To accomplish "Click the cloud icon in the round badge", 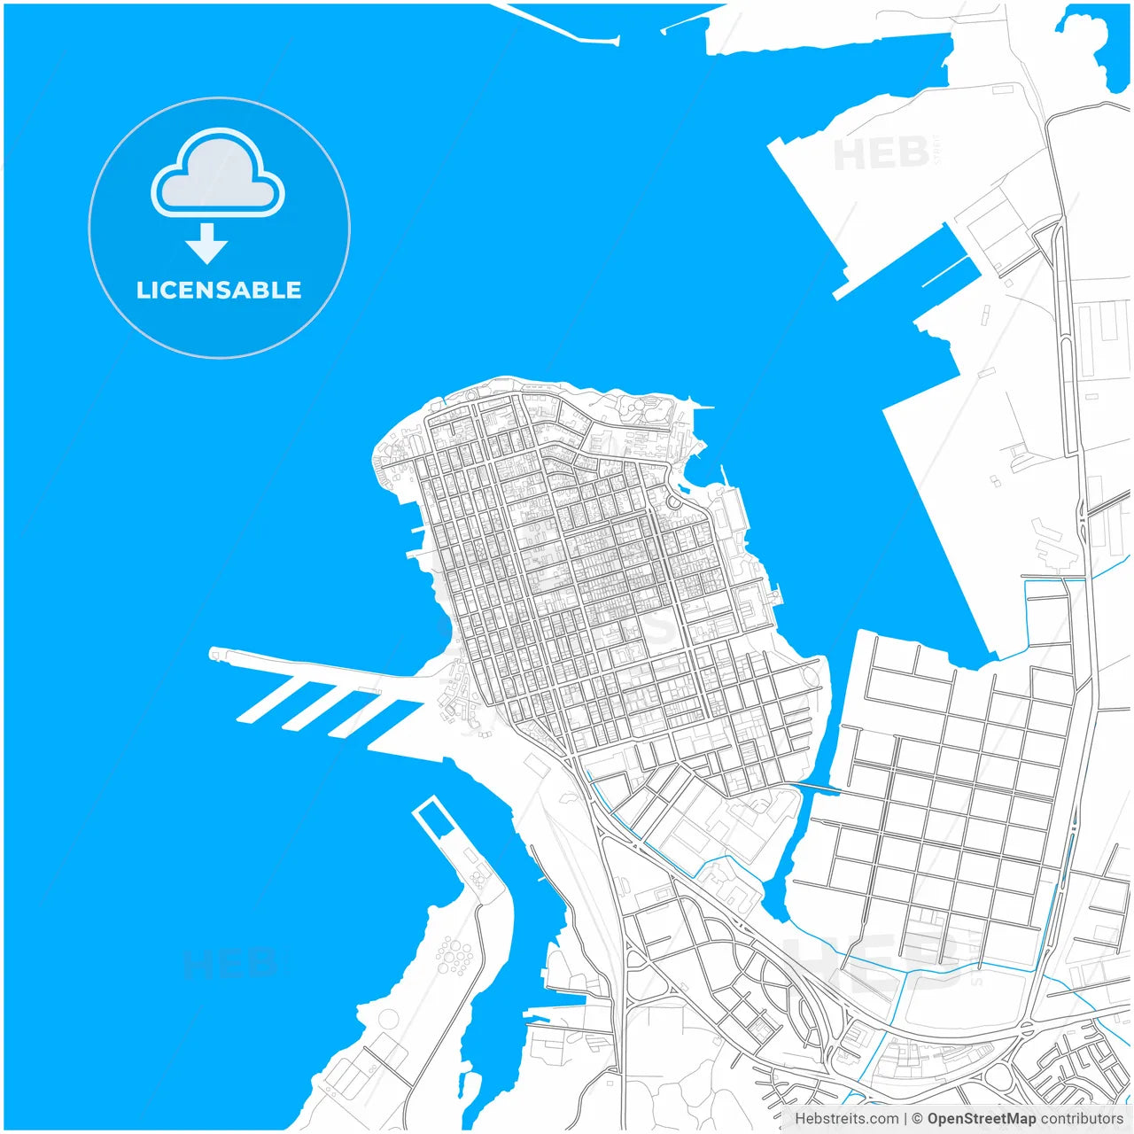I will [218, 175].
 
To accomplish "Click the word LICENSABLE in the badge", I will [219, 290].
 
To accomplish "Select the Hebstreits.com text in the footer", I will [846, 1119].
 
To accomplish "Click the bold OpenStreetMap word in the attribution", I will [981, 1119].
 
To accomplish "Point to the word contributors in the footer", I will [1082, 1119].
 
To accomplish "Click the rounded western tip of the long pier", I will [214, 654].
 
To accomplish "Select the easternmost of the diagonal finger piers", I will [395, 722].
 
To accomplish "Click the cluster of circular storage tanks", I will [454, 956].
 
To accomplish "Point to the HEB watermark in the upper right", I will [882, 154].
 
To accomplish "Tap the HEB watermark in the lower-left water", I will [229, 964].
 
